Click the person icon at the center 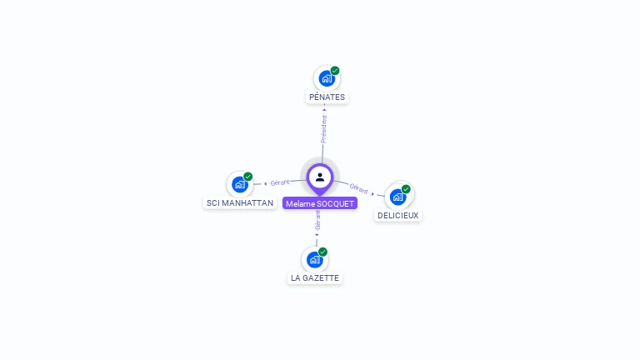click(320, 177)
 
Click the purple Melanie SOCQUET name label click(320, 203)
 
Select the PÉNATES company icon click(327, 78)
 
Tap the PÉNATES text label click(327, 97)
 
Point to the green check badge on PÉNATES click(335, 71)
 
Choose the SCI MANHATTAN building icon click(240, 184)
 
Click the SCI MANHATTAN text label click(240, 202)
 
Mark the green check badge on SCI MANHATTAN click(248, 177)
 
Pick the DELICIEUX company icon click(398, 197)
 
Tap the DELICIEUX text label click(398, 215)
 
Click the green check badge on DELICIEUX click(406, 189)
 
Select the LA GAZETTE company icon click(315, 259)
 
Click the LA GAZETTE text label click(315, 277)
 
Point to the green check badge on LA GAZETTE click(322, 252)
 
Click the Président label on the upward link click(324, 128)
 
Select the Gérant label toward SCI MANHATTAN click(280, 182)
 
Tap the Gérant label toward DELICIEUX click(359, 189)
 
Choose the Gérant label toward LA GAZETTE click(317, 219)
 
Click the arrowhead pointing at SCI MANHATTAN click(265, 183)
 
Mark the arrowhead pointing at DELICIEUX click(373, 193)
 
